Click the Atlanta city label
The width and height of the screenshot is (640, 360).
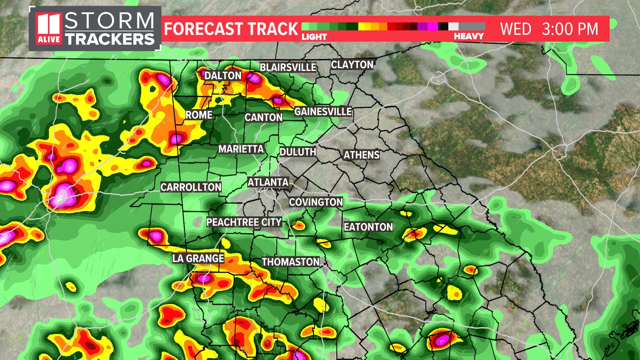268,182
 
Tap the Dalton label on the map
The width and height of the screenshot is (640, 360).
223,76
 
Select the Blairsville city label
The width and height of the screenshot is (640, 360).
288,67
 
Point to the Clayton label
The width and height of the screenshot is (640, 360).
352,65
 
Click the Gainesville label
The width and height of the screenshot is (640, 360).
323,111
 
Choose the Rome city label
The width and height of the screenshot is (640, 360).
199,115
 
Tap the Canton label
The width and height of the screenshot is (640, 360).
263,117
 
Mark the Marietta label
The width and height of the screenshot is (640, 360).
241,149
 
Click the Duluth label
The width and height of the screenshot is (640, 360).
298,152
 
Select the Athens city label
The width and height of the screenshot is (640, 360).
361,155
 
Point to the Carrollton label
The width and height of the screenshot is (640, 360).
191,187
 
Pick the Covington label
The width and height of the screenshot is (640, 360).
316,202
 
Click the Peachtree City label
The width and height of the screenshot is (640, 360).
244,222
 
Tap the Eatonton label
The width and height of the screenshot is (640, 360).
368,227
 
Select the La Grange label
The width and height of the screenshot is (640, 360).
198,258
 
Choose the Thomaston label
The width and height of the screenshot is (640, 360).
291,262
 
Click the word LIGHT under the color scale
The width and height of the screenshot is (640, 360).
314,37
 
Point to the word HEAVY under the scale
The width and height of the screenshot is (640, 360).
469,36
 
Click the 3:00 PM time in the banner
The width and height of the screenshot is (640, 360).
570,29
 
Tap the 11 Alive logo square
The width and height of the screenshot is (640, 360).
49,29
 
